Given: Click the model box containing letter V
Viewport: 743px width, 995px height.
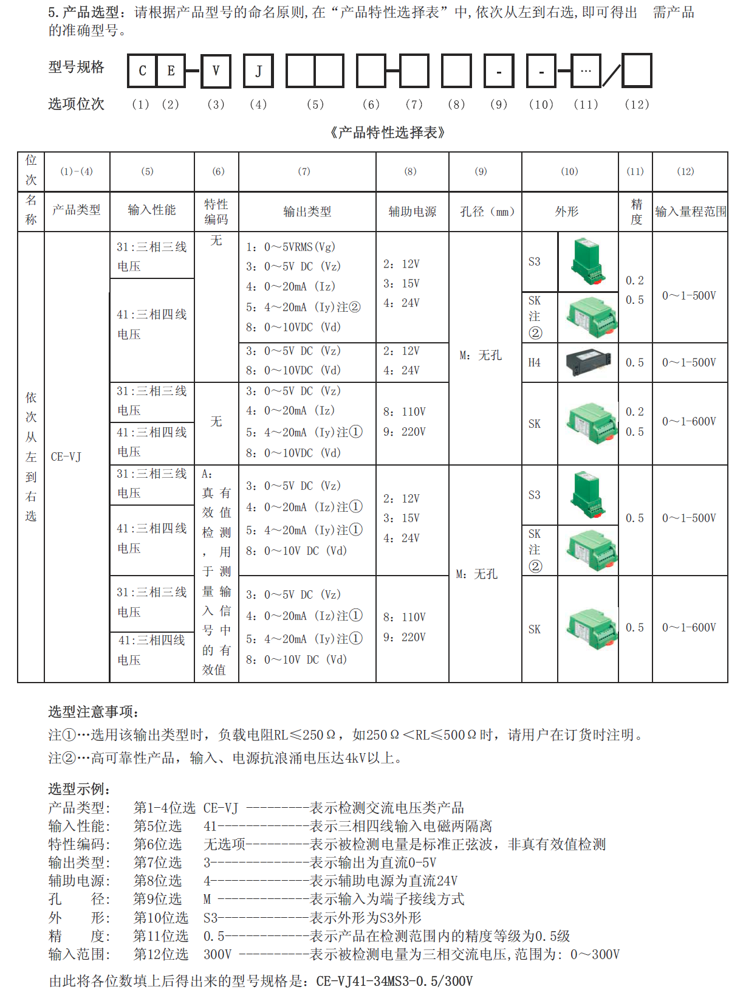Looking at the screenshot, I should tap(216, 71).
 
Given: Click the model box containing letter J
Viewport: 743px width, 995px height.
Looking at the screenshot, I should tap(258, 71).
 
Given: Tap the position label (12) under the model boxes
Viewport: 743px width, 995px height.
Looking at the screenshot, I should tap(637, 105).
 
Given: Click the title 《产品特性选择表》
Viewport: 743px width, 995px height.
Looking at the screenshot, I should tap(387, 133).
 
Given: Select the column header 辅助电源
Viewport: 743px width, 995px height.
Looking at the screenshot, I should tap(413, 212).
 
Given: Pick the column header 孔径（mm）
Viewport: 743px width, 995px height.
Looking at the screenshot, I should tap(486, 212).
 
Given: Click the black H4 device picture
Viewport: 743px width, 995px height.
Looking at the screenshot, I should tap(587, 362).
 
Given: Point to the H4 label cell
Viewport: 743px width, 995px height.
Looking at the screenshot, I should tap(535, 363).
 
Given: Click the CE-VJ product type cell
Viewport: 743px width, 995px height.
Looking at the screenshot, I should tap(66, 456).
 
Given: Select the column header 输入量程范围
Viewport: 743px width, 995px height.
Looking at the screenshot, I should tap(690, 212).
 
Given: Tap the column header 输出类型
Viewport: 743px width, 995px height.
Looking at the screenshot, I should tap(307, 212).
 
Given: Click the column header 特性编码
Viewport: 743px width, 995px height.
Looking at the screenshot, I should tap(216, 212).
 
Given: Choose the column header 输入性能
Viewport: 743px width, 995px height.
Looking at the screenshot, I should tap(152, 210).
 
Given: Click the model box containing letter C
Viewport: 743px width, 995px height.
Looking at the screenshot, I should tap(142, 71).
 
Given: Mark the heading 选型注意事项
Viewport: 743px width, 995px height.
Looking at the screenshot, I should tap(94, 712).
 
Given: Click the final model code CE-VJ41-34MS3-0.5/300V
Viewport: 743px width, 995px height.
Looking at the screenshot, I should tap(394, 981).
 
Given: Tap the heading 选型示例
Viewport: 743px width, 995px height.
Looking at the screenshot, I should tap(79, 789).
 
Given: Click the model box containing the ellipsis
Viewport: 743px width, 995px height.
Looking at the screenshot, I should tap(586, 71).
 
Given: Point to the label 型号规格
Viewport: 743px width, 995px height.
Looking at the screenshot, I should tap(77, 67).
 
